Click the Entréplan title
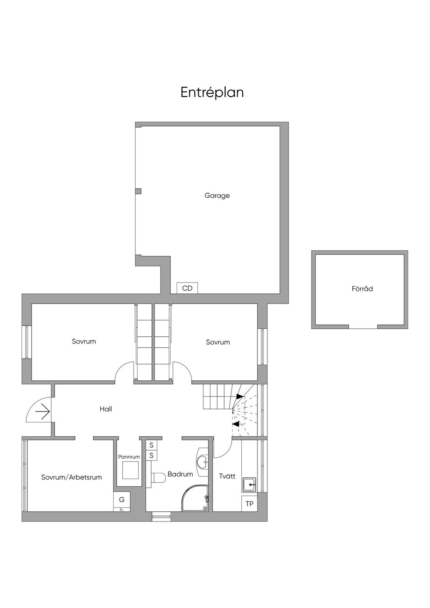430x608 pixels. click(212, 92)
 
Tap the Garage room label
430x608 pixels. click(217, 195)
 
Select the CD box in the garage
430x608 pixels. click(187, 288)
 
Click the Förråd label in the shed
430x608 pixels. click(362, 289)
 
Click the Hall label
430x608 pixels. click(106, 409)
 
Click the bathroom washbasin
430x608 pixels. click(202, 462)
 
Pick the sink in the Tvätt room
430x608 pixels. click(250, 485)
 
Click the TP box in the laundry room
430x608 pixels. click(249, 504)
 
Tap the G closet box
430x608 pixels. click(122, 500)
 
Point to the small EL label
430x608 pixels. click(122, 510)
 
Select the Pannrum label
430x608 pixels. click(129, 457)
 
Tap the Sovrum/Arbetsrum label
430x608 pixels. click(71, 477)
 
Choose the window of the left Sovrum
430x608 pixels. click(27, 342)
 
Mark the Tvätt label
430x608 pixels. click(227, 477)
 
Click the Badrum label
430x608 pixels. click(180, 474)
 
